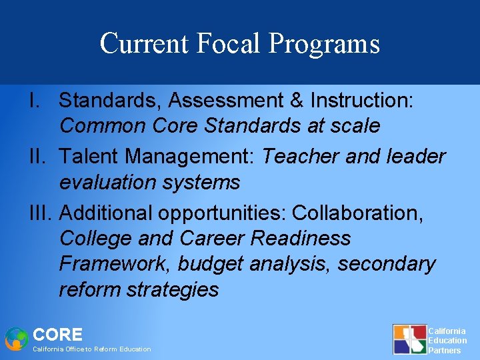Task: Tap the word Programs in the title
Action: (325, 44)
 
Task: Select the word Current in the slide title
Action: (145, 43)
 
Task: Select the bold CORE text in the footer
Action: (58, 335)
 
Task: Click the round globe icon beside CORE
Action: (17, 339)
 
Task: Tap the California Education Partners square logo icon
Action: (409, 339)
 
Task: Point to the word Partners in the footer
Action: (444, 350)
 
